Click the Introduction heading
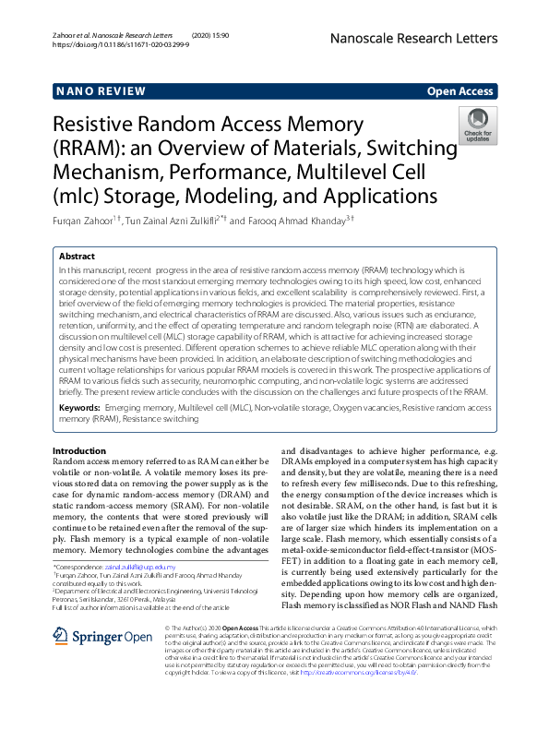(x=85, y=450)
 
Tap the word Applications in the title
(x=374, y=196)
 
